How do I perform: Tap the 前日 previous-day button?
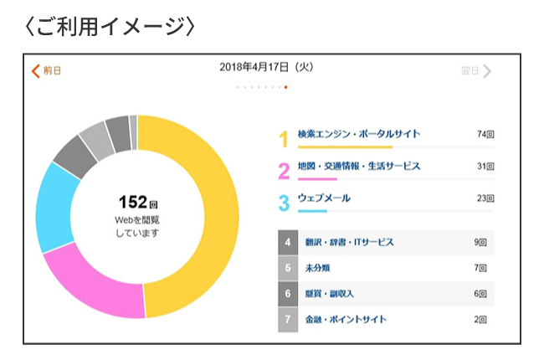click(46, 70)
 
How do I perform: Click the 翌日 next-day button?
click(475, 70)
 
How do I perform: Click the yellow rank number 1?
click(283, 137)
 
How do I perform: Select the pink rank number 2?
click(283, 170)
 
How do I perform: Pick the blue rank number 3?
click(283, 202)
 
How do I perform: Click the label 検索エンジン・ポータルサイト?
click(358, 134)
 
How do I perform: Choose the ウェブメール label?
click(324, 198)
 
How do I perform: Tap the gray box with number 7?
click(287, 320)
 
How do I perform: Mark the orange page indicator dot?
click(286, 87)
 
